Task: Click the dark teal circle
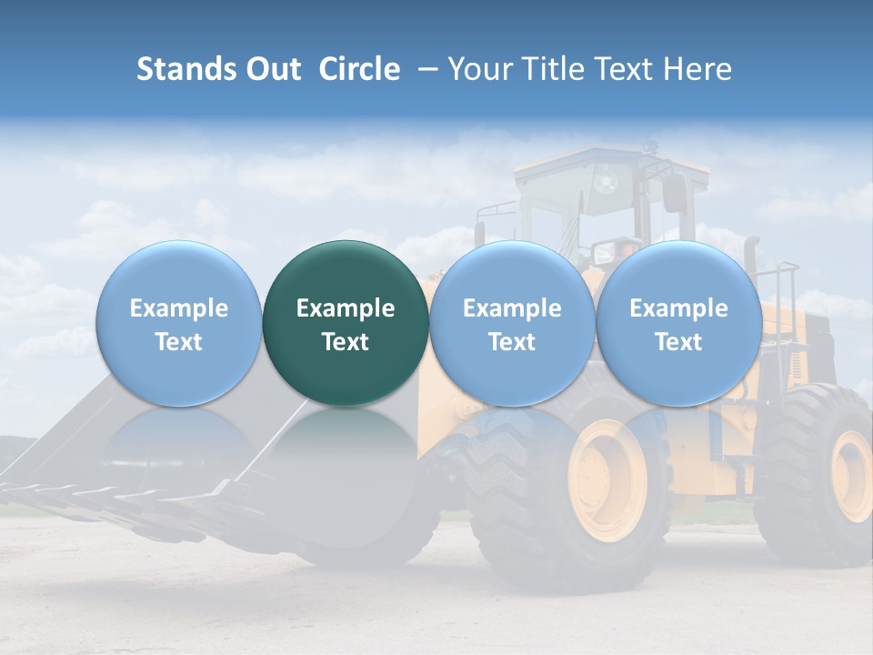[346, 323]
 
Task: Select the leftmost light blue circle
[179, 323]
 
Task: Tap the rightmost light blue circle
[678, 323]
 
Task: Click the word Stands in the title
[187, 69]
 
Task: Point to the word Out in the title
[274, 69]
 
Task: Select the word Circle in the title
[359, 69]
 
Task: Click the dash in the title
[424, 69]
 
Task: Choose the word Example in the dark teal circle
[346, 308]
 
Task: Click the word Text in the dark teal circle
[346, 342]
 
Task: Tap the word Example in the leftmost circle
[179, 308]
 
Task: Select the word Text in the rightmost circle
[678, 342]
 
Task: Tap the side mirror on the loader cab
[674, 193]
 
